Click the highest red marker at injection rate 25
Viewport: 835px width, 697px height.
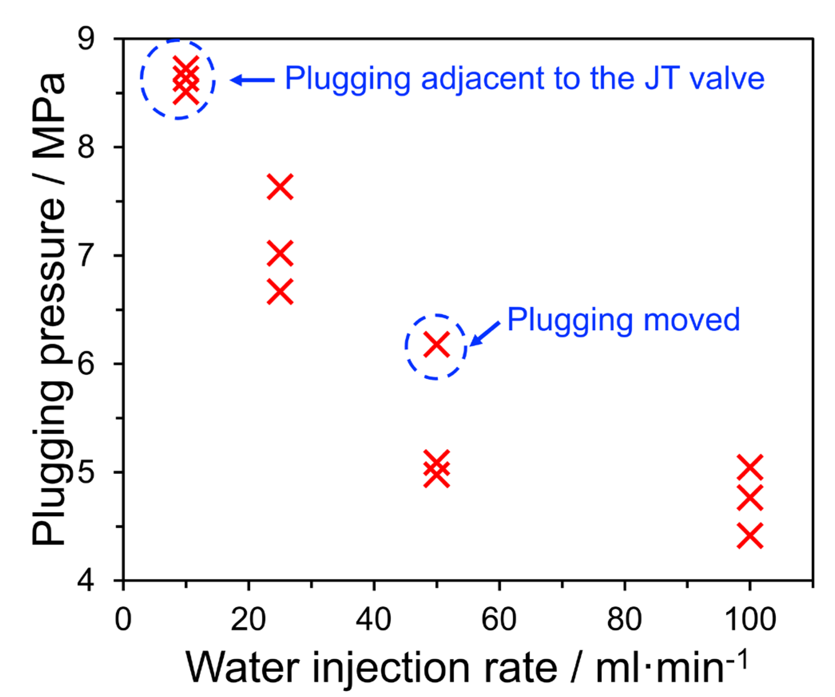pyautogui.click(x=280, y=186)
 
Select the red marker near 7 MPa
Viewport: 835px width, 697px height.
pyautogui.click(x=280, y=253)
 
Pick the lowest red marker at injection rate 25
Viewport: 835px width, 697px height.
pyautogui.click(x=280, y=291)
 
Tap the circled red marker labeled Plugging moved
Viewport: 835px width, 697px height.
pyautogui.click(x=436, y=344)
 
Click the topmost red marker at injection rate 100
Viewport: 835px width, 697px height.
pyautogui.click(x=750, y=467)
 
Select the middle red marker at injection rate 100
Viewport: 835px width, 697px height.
pyautogui.click(x=750, y=497)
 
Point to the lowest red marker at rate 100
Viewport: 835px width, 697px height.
pyautogui.click(x=750, y=535)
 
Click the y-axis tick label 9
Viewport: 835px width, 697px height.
pyautogui.click(x=86, y=39)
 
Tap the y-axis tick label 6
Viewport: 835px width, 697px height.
pyautogui.click(x=86, y=364)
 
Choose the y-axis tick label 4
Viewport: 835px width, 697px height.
pyautogui.click(x=86, y=580)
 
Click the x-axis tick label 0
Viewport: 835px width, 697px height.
pyautogui.click(x=123, y=620)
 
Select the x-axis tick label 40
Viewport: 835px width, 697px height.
pyautogui.click(x=374, y=620)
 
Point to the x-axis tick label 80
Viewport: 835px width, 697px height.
pyautogui.click(x=624, y=620)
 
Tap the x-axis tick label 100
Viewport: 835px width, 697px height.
pyautogui.click(x=750, y=620)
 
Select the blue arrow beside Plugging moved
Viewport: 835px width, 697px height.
pyautogui.click(x=485, y=333)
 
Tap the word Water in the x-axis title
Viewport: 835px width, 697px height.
pyautogui.click(x=243, y=667)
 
